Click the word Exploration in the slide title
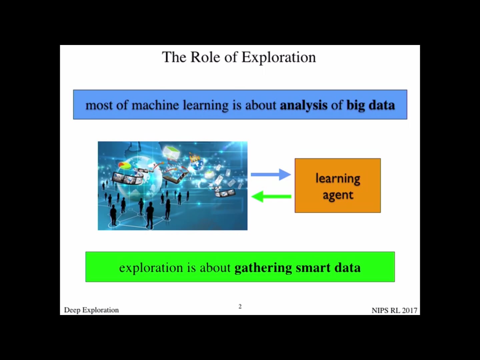[278, 57]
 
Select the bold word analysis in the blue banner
[303, 105]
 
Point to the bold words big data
[370, 105]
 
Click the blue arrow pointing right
[270, 174]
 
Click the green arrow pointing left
[271, 196]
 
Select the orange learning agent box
[337, 185]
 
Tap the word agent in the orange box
[338, 195]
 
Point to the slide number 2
[240, 306]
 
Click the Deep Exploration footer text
[91, 310]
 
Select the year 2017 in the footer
[409, 310]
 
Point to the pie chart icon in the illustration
[125, 165]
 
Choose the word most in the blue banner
[99, 105]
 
